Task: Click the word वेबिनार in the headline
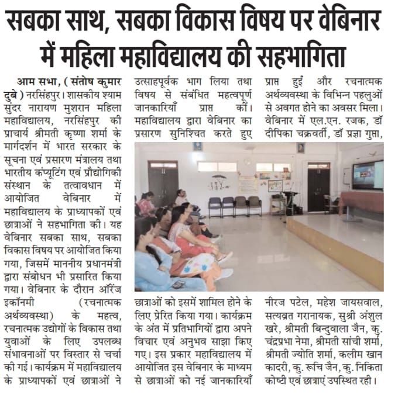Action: pyautogui.click(x=348, y=22)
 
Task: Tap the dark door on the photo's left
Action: pyautogui.click(x=163, y=183)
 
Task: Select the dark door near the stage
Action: pyautogui.click(x=318, y=186)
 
